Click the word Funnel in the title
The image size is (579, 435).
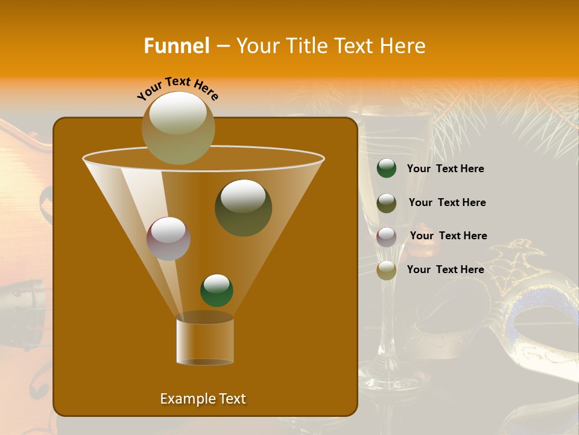pos(176,46)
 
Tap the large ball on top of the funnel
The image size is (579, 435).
pos(179,128)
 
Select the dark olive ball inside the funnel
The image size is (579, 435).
pos(243,207)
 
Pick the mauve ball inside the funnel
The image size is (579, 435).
pos(168,239)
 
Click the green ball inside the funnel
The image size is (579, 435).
pos(217,291)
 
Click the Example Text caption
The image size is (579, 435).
pos(203,399)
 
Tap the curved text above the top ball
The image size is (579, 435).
pos(177,88)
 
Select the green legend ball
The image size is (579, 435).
pos(387,169)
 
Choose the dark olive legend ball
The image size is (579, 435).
pos(387,203)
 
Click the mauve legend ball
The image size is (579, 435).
pos(387,236)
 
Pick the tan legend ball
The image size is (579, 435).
pos(387,270)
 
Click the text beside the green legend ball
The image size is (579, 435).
pos(445,169)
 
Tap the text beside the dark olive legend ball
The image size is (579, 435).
pos(447,202)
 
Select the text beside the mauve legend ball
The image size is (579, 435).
pos(448,236)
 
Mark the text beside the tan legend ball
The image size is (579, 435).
pos(445,269)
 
